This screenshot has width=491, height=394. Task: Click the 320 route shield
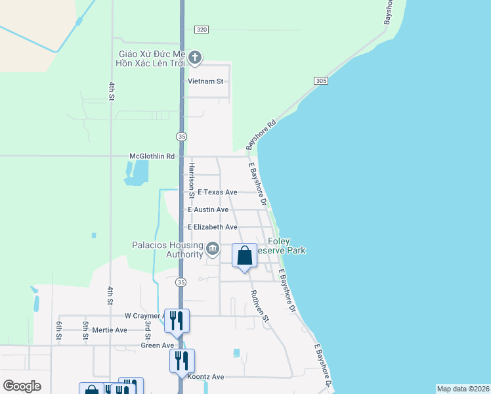tap(202, 30)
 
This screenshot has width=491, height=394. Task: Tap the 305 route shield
tap(320, 80)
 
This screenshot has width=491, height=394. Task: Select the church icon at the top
tap(194, 58)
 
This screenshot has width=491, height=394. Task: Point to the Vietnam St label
tap(206, 81)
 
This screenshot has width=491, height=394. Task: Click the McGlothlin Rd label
tap(152, 156)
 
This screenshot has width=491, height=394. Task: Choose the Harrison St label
tap(192, 180)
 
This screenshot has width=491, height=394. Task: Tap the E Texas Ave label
tap(217, 192)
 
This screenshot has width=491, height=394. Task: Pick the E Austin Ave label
tap(208, 209)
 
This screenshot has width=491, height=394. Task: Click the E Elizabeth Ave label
tap(212, 227)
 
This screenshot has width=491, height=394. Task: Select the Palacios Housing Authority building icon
tap(213, 248)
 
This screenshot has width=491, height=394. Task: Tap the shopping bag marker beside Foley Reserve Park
tap(244, 255)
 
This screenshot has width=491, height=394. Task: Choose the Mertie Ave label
tap(110, 330)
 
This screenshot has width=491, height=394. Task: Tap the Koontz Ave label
tap(205, 377)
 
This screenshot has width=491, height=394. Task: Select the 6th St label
tap(59, 330)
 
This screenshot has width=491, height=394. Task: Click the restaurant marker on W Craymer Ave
tap(177, 320)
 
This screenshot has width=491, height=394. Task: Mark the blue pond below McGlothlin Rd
tap(136, 173)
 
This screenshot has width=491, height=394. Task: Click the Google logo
tap(22, 385)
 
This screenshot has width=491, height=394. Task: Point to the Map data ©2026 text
tap(462, 389)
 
